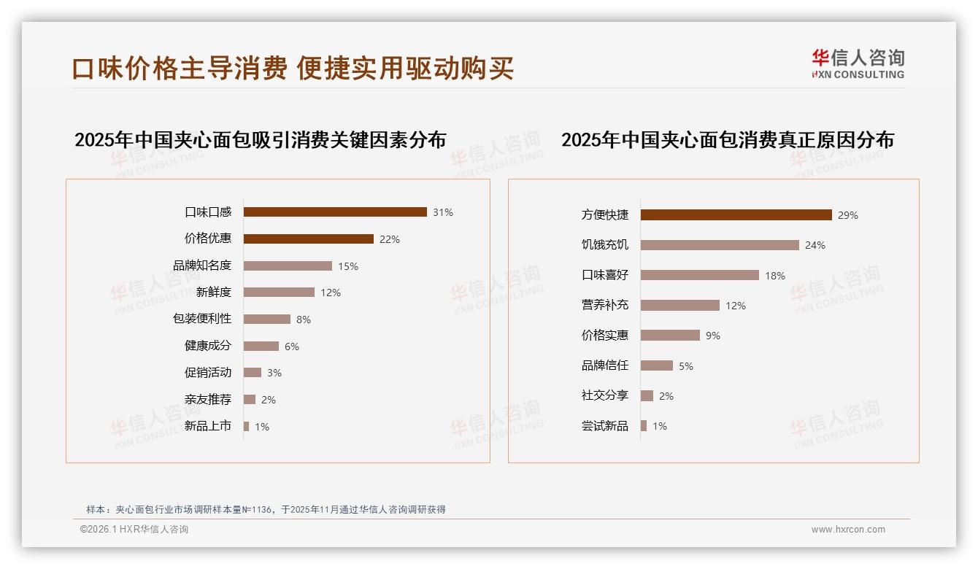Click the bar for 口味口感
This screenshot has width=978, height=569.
pos(335,212)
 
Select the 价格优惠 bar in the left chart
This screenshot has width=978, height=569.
pos(308,239)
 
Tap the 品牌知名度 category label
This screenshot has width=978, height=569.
pos(202,266)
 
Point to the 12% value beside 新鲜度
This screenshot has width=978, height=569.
pos(331,293)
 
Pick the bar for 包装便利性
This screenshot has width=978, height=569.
pos(266,320)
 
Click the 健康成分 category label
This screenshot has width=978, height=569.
pos(208,346)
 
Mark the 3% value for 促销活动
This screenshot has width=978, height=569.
pos(274,373)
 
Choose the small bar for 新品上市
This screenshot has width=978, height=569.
pos(246,426)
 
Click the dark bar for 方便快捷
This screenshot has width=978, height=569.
pos(736,215)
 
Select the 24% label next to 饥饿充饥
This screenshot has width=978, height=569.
pos(815,245)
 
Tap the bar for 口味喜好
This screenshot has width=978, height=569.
pos(699,275)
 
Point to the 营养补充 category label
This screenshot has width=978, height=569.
pos(605,306)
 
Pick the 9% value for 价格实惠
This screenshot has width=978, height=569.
pos(713,336)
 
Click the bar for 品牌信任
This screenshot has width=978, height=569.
pos(657,365)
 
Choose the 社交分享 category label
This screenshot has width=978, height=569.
pos(605,395)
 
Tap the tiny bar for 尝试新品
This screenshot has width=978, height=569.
pos(644,426)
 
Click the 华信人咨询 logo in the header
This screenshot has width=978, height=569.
pos(858,63)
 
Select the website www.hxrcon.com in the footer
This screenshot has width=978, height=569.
pos(848,530)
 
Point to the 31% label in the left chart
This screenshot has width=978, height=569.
pos(443,212)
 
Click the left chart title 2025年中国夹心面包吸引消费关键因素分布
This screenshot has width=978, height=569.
pos(260,139)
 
